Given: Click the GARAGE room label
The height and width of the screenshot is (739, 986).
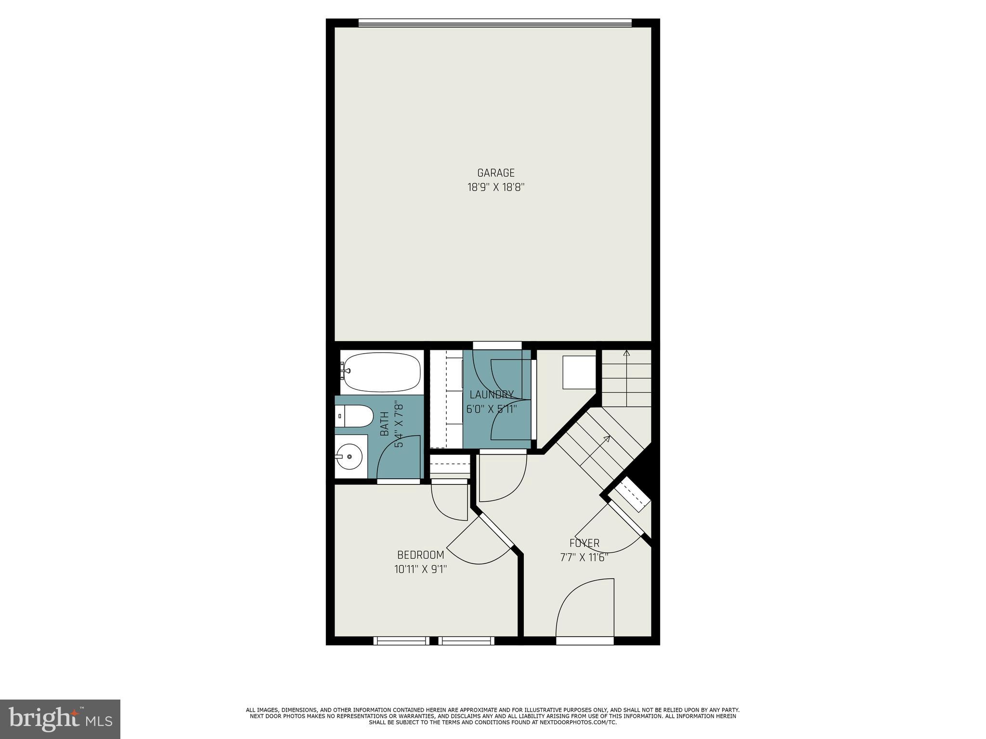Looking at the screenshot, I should coord(495,173).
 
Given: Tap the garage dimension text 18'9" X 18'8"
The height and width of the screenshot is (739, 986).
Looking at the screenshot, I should coord(495,187).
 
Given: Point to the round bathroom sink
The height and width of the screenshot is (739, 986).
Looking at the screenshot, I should coord(350,456).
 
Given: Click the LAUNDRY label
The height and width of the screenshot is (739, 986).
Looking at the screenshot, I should coord(491,395).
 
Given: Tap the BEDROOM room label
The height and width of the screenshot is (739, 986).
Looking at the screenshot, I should coord(420,555).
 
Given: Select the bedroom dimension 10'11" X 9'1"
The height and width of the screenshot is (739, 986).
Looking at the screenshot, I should coord(420,570).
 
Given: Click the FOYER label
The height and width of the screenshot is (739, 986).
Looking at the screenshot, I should coord(584,543).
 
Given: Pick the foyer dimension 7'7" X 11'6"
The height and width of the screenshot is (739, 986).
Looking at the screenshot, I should coord(584,558).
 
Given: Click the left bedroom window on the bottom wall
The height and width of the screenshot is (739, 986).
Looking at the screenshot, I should coord(401,640).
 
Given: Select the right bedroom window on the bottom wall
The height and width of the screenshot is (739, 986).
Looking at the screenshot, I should coord(466,640).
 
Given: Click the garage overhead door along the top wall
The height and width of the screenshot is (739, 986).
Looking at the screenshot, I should coord(495,23).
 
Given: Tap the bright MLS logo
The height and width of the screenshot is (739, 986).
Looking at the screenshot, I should coord(60,719).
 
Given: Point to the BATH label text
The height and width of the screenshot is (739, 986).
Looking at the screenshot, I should coord(385,424).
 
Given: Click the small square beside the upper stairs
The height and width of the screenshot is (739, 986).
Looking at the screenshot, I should coord(579,372).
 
